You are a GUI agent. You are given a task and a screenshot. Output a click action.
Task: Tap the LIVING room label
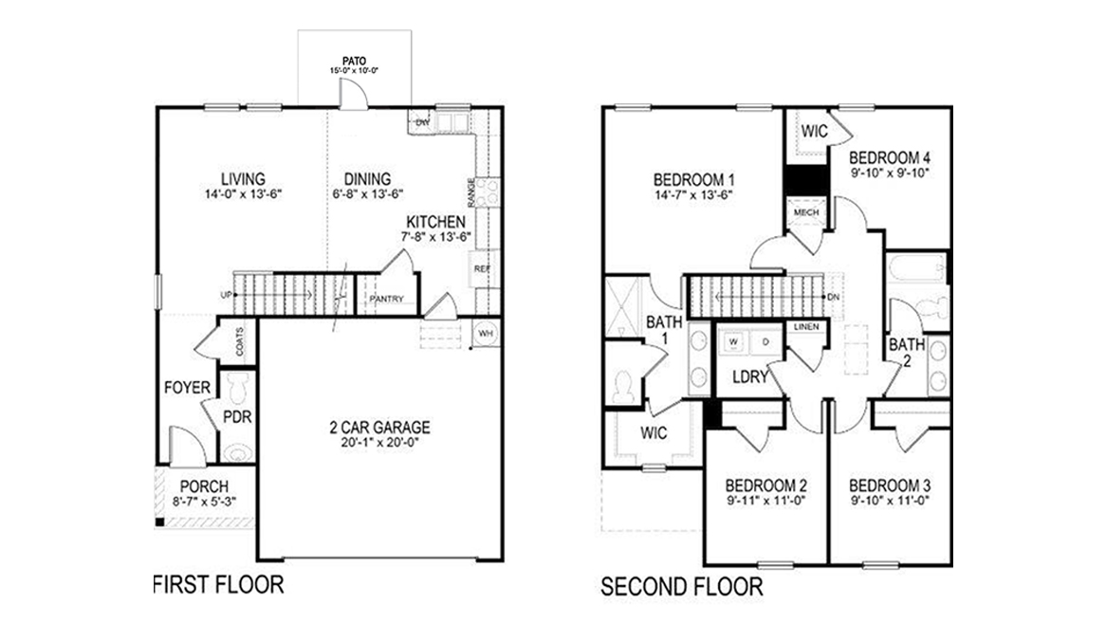point(243,178)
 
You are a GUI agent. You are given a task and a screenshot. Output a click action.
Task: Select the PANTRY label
point(386,300)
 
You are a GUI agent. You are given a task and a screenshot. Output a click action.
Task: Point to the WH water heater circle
point(485,334)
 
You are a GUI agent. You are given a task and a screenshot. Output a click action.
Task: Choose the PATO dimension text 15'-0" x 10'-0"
point(355,71)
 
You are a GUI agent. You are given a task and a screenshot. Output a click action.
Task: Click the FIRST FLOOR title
point(218,584)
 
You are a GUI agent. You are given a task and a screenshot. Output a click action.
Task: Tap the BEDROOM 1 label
point(695,178)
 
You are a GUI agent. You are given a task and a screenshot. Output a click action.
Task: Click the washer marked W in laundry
point(734,340)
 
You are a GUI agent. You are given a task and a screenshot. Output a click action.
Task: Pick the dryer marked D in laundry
point(765,340)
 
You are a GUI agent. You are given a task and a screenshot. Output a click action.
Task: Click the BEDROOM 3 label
point(889,483)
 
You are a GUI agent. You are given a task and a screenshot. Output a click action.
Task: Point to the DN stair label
point(833,297)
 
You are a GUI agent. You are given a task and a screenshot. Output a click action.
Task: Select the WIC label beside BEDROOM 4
point(814,131)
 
